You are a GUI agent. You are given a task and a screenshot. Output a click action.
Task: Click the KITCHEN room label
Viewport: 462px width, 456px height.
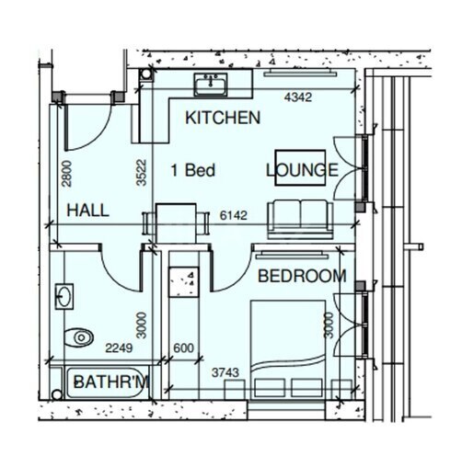tap(223, 118)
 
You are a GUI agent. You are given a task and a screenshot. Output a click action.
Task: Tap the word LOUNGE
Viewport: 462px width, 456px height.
tap(302, 170)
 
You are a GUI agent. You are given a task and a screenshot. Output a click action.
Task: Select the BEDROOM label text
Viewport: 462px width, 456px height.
tap(302, 276)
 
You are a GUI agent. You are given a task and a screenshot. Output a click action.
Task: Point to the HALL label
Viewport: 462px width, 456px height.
tap(88, 211)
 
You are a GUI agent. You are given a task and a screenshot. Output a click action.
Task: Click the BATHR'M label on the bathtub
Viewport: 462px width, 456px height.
tap(111, 382)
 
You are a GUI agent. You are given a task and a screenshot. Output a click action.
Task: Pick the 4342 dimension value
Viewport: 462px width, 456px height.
tap(298, 97)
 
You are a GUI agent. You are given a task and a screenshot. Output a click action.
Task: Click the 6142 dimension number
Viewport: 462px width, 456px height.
tap(234, 215)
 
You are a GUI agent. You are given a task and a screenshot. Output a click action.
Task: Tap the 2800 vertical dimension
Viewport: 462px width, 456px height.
tap(66, 174)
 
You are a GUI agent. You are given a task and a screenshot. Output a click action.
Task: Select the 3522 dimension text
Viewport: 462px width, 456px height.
tap(142, 173)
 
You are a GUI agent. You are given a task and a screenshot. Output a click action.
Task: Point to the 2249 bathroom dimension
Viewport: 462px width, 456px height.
tap(119, 348)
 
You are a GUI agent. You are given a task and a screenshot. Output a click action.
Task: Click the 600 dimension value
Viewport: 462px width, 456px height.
tap(183, 348)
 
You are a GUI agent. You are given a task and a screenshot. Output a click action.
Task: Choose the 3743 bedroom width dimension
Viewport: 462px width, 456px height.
tap(225, 372)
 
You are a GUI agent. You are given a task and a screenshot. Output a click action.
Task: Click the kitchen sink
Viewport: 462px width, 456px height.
tap(211, 84)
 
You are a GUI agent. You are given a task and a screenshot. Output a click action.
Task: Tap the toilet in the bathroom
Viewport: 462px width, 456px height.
tap(79, 337)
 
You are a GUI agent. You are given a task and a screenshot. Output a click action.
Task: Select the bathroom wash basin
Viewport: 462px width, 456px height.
tap(64, 297)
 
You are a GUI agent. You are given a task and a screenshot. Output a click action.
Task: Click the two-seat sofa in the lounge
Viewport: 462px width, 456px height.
tap(300, 220)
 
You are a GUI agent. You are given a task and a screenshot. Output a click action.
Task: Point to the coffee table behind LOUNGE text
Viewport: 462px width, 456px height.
tap(300, 167)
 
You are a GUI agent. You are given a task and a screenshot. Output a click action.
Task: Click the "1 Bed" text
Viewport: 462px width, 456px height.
tap(193, 170)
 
